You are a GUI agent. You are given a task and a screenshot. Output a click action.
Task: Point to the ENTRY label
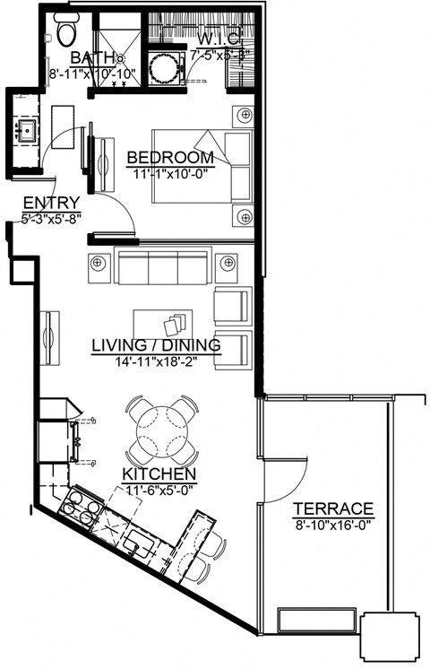tap(51, 202)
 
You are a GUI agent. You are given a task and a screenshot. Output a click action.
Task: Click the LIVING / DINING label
tap(157, 343)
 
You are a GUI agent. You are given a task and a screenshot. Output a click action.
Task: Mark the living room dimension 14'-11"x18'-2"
tap(157, 361)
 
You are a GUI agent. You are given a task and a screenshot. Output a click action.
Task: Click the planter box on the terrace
tap(307, 621)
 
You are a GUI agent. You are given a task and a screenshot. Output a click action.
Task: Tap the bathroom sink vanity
tap(26, 133)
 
